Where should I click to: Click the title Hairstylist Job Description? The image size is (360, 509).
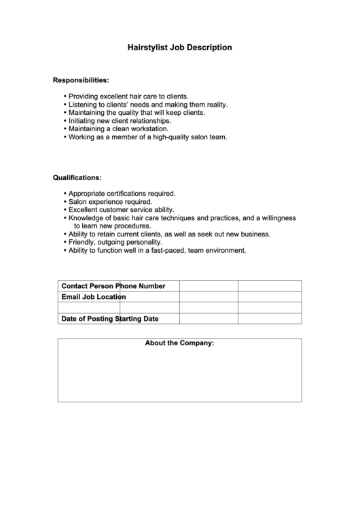(180, 48)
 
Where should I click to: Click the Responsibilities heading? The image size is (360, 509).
(81, 80)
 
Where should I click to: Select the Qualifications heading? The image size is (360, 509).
(77, 177)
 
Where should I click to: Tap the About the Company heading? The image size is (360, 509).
(179, 343)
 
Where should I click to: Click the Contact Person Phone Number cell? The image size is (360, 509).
(113, 285)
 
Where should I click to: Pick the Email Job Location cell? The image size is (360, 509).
(93, 296)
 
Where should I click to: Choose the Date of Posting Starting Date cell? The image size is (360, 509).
(109, 318)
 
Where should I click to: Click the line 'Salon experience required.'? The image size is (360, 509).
(110, 202)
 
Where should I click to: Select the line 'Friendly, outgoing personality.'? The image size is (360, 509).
(115, 242)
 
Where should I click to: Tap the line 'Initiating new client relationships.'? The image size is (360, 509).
(120, 120)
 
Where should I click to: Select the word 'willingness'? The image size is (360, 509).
(274, 218)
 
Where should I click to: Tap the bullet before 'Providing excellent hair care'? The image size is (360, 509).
(65, 96)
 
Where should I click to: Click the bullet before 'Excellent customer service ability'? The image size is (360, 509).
(65, 210)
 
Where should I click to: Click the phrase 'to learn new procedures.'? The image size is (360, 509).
(112, 226)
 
